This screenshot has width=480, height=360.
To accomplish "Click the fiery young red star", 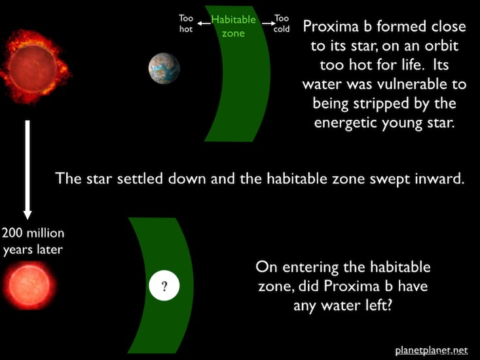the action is pos(34,67).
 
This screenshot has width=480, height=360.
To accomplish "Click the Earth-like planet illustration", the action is pos(164,68).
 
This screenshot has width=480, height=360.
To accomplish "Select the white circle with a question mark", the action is pos(164,285).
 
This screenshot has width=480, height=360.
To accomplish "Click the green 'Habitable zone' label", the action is pos(233,26).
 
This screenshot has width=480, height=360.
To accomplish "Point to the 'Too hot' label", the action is pos(186,24).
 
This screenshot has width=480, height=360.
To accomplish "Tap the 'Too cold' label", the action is pos(282,24).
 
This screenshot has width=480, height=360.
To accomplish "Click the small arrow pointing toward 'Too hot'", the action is pos(204,24).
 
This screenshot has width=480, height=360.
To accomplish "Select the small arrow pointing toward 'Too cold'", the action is pos(268,24).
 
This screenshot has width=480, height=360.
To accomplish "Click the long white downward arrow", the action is pos(28,170).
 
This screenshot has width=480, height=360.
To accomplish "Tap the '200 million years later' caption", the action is pos(33,242).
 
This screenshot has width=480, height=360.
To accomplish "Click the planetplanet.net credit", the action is pos(432,351).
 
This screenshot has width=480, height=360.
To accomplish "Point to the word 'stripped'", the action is pos(381,104).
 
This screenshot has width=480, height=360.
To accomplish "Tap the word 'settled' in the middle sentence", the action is pos(139,179).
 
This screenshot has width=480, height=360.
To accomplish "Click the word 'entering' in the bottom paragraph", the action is pos(310,268).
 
